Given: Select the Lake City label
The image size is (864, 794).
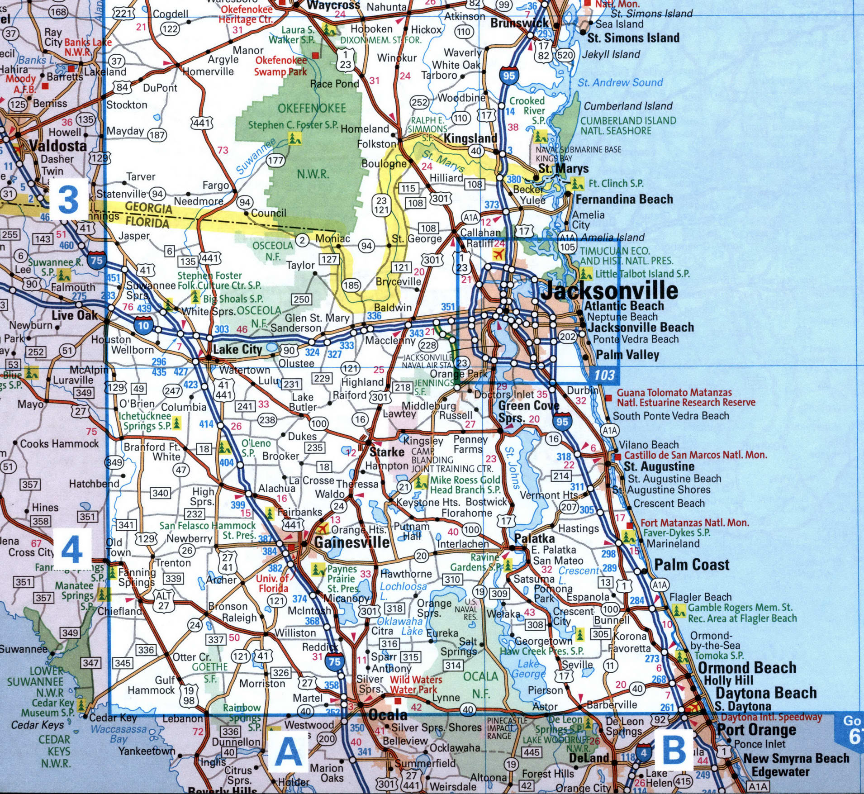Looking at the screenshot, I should [x=237, y=349].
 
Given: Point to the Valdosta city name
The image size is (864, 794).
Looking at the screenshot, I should [x=58, y=146].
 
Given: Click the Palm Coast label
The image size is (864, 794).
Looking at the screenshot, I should [x=692, y=565].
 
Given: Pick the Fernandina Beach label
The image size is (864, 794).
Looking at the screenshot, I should [x=624, y=199].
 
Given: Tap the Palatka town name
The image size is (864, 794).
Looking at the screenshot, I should [x=535, y=538].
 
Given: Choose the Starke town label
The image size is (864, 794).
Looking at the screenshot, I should [x=387, y=452].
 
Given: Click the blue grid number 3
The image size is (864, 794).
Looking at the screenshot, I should [x=69, y=199].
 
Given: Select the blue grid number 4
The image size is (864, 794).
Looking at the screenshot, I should [x=72, y=550].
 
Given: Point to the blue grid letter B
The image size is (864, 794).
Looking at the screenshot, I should [x=674, y=749].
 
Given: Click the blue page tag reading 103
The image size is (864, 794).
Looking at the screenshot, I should [x=604, y=375].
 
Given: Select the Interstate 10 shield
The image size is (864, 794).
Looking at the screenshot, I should [x=143, y=325].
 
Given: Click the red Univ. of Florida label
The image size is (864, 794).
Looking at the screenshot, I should [x=272, y=583].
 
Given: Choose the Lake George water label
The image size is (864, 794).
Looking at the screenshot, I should [x=528, y=669].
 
